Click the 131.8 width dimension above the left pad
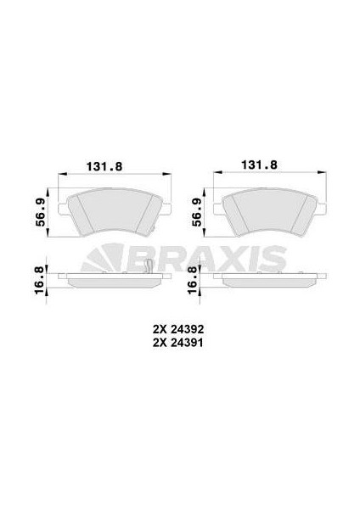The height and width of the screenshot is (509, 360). coord(110,167)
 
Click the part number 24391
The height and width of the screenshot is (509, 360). coord(189,342)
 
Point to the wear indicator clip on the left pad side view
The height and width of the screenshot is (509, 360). coord(149,270)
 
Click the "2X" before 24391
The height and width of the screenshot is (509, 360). coord(159,342)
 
